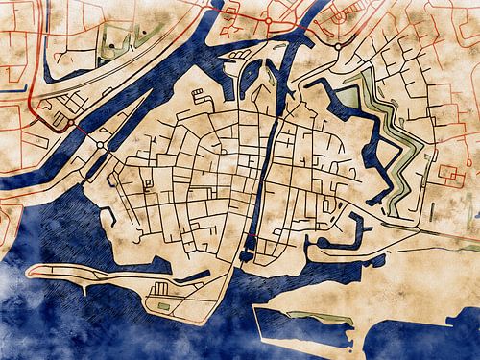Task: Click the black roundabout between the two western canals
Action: click(100, 144)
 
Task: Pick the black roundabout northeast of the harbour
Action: click(338, 45)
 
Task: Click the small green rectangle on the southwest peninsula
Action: click(162, 307)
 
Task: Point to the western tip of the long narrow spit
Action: click(32, 271)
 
